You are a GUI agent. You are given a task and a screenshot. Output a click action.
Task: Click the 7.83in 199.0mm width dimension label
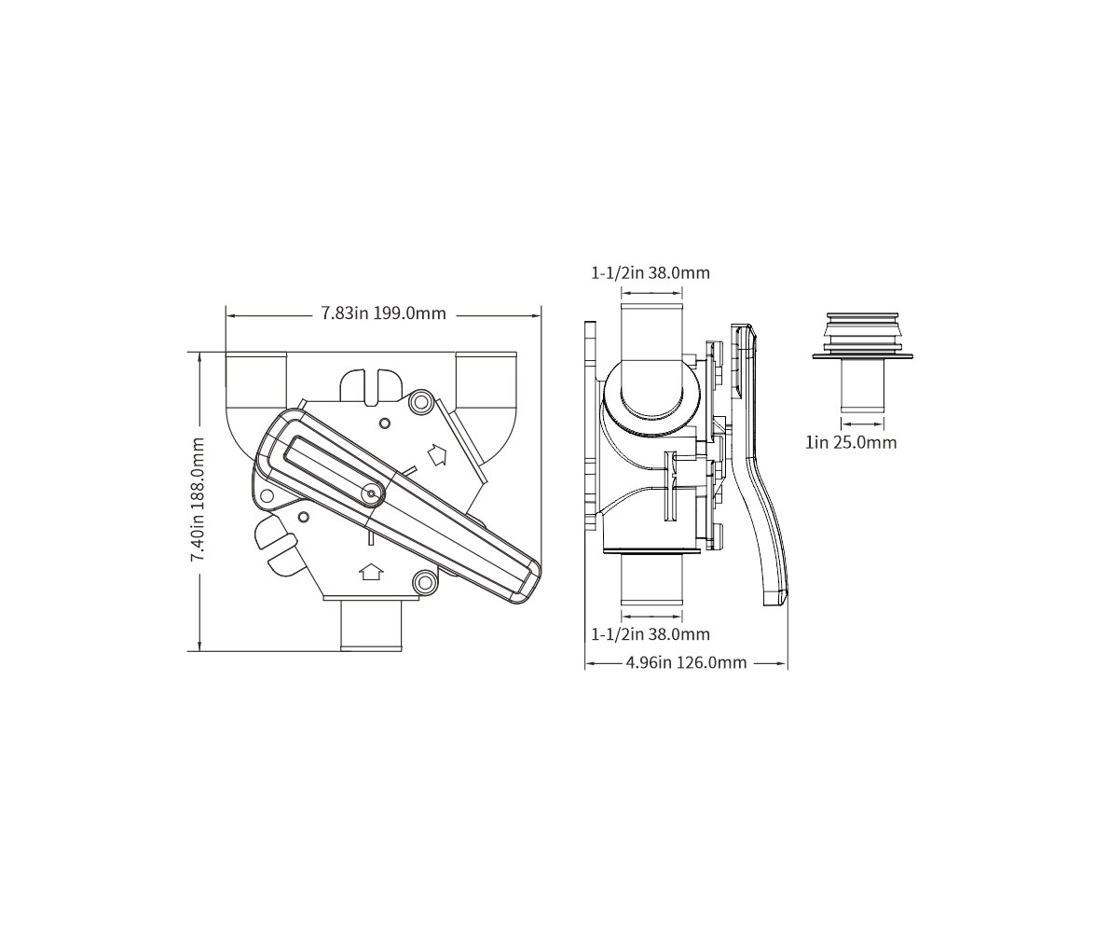(x=383, y=312)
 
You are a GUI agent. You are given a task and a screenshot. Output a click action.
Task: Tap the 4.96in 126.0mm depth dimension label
(x=686, y=662)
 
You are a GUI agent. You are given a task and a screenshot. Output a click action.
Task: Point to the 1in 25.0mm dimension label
(x=851, y=442)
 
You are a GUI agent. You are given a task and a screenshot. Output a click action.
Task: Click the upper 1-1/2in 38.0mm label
(x=651, y=273)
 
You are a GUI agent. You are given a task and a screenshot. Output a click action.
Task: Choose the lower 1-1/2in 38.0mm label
(x=651, y=634)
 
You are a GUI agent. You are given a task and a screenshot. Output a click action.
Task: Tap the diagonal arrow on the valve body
(x=438, y=455)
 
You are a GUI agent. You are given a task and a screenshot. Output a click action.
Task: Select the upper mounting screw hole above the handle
(x=420, y=401)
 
